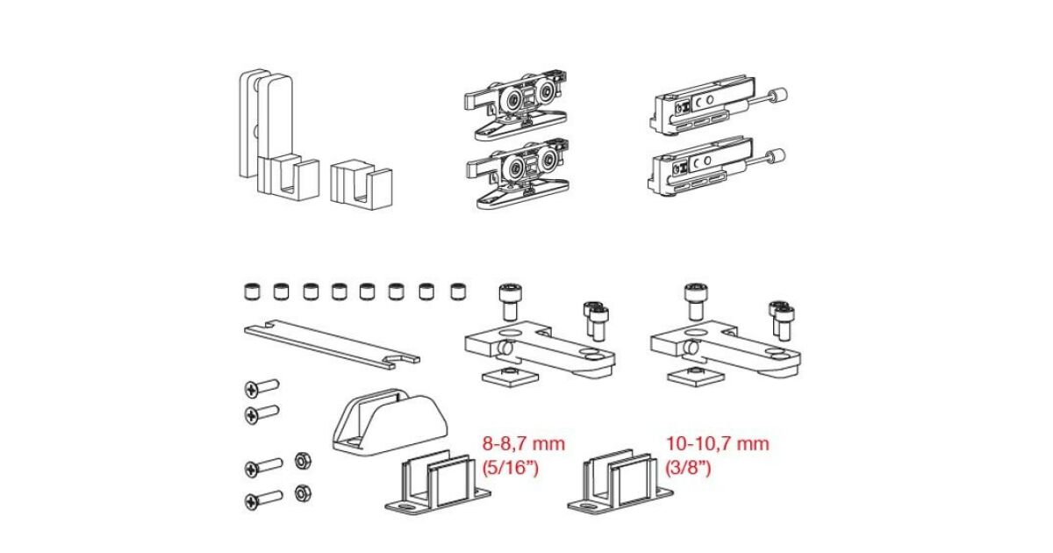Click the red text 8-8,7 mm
coord(523,444)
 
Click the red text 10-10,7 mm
coord(718,444)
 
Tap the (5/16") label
coord(510,468)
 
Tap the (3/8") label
coord(688,468)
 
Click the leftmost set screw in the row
coord(252,291)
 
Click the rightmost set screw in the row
coord(458,291)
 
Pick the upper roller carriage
coord(516,106)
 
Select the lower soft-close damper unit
coord(715,169)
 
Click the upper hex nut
coord(303,461)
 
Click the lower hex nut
coord(303,493)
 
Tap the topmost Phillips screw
coord(261,388)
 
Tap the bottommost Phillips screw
coord(264,500)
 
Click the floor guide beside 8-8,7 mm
coord(438,485)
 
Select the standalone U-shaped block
coord(361,186)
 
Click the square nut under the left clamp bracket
coord(510,377)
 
